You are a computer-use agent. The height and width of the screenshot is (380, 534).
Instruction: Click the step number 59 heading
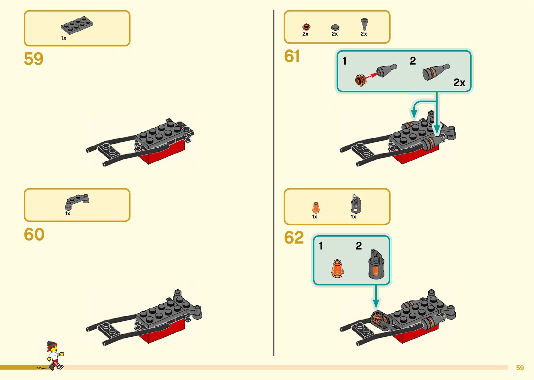click(33, 59)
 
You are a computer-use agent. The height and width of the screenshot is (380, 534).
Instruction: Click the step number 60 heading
click(34, 234)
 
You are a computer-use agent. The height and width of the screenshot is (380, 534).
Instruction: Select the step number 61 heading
click(292, 56)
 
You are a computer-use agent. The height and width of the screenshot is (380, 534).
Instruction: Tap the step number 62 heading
click(294, 238)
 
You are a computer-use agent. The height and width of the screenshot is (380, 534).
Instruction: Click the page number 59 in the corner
click(520, 368)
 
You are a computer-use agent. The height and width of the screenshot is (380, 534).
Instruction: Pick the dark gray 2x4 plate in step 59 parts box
click(77, 25)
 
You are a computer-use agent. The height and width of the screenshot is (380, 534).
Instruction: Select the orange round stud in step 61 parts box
click(306, 27)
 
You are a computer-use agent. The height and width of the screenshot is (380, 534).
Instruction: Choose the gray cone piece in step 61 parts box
click(364, 24)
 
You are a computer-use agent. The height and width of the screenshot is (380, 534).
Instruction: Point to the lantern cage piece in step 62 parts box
click(356, 204)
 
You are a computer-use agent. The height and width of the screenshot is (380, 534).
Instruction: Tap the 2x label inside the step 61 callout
click(459, 83)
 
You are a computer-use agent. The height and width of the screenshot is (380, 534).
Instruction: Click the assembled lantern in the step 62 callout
click(376, 264)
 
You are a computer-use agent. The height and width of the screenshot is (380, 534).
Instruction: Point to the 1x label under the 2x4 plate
click(63, 38)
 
